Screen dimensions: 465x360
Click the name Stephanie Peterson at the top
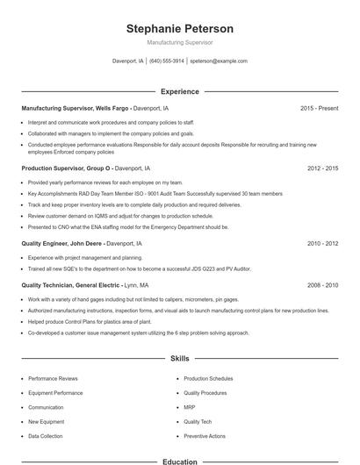(x=179, y=28)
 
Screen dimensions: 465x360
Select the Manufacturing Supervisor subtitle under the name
(x=179, y=42)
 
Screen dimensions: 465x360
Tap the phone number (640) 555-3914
(x=167, y=61)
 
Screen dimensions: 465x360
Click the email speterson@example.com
(x=219, y=61)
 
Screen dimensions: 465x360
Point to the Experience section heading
(x=179, y=91)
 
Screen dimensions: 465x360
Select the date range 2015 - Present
(x=319, y=108)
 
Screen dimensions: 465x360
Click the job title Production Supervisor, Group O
(x=67, y=167)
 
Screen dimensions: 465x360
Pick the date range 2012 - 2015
(x=322, y=167)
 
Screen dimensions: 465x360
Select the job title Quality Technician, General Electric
(x=72, y=285)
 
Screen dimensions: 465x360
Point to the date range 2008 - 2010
(x=322, y=285)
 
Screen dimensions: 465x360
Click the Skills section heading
(x=179, y=359)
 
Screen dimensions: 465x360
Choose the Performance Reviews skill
(x=53, y=378)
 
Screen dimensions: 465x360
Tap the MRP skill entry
(x=191, y=407)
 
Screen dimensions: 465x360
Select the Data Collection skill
(x=46, y=435)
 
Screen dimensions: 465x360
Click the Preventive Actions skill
(x=205, y=435)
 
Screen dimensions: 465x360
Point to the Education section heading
(x=179, y=461)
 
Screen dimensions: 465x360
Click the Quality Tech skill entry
(x=198, y=421)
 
